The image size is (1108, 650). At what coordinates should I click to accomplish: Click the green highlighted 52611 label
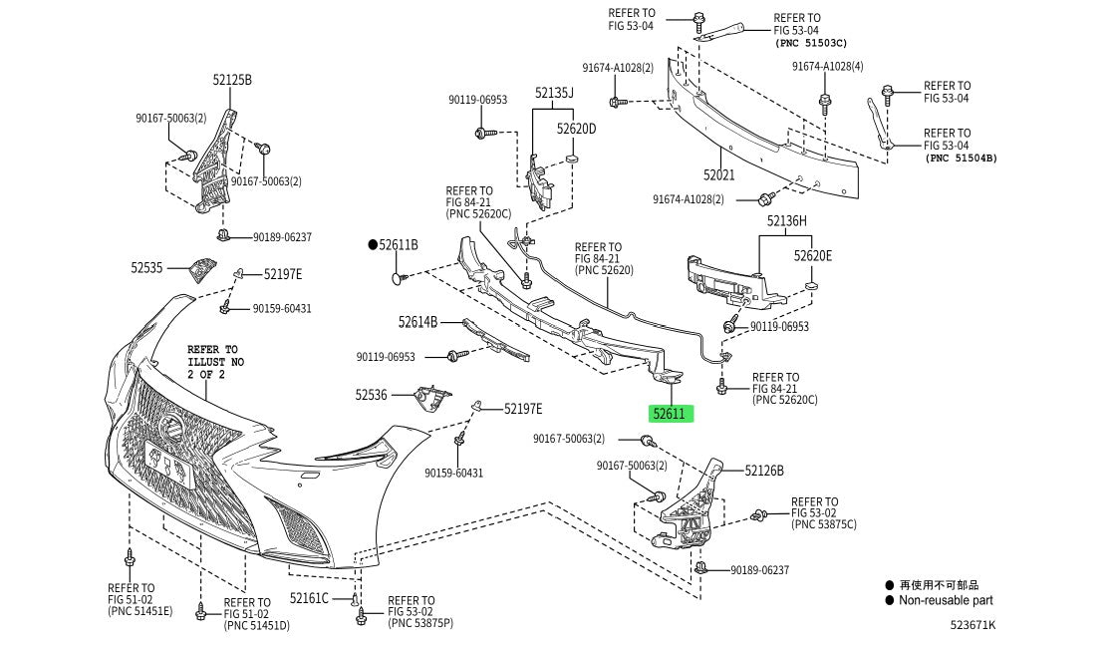point(672,414)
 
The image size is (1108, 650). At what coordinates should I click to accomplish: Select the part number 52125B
point(232,80)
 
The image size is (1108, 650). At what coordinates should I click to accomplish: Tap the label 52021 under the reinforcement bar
point(718,174)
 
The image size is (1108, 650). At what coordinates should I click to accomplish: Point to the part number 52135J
point(554,93)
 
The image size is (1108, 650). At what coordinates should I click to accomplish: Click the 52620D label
point(576,129)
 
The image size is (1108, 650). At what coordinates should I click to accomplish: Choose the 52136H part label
point(786,221)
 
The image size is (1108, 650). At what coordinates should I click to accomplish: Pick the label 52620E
point(813,256)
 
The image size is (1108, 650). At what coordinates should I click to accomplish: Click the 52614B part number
point(417,323)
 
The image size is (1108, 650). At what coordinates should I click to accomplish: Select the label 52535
point(146,268)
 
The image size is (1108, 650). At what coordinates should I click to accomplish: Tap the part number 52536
point(371,395)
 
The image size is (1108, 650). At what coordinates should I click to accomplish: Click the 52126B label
point(764,471)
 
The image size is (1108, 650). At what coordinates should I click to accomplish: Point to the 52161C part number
point(309,598)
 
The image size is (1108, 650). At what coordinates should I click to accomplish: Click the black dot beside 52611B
point(373,245)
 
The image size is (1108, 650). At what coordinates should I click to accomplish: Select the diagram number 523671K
point(972,624)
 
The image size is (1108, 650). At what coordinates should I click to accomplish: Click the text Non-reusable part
point(946,600)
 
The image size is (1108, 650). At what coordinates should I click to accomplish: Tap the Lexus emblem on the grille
point(171,426)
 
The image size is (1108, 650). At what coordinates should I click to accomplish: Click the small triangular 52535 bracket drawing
point(201,269)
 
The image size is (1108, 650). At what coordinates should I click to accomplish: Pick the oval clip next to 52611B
point(400,278)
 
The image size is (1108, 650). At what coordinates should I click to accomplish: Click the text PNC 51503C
point(810,43)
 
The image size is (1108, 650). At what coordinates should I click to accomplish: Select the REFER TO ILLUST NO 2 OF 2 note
point(215,362)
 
